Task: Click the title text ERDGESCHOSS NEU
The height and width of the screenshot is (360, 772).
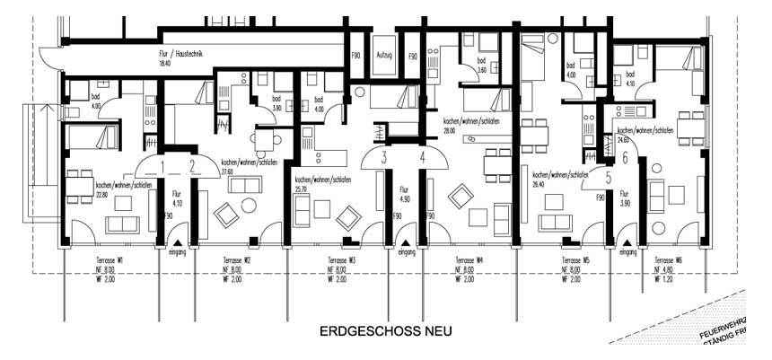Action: coord(385,331)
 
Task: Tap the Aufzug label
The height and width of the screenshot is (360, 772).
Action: coord(384,57)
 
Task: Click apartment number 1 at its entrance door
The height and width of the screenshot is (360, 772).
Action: coord(161,164)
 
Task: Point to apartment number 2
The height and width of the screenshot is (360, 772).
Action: coord(193,164)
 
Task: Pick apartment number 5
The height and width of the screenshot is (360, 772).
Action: coord(608,178)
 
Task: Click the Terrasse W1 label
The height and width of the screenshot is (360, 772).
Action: coord(110,260)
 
